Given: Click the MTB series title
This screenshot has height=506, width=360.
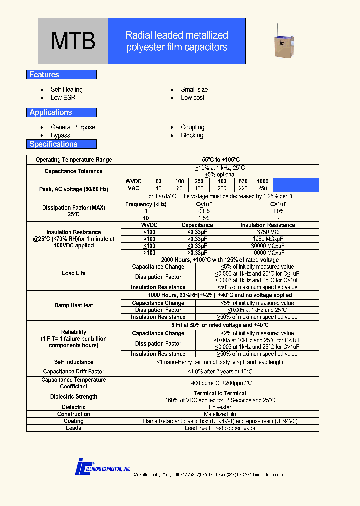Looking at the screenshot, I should (x=73, y=42).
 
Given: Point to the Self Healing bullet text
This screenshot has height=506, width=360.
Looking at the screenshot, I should (x=67, y=90).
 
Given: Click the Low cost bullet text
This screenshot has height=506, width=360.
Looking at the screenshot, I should (x=193, y=98).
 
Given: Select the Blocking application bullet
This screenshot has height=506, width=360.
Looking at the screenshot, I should (x=192, y=136).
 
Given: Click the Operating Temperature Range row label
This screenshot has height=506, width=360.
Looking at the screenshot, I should (x=74, y=160).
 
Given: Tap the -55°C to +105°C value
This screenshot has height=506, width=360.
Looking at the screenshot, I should (x=220, y=160).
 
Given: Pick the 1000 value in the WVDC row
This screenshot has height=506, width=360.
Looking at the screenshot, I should (x=262, y=181).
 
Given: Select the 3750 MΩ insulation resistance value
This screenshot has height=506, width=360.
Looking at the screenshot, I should (x=268, y=232).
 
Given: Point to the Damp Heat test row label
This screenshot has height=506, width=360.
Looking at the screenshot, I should (x=74, y=305).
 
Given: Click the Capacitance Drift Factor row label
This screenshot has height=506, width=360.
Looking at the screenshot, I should (x=74, y=372).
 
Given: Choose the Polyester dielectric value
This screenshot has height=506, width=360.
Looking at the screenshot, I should (x=220, y=407).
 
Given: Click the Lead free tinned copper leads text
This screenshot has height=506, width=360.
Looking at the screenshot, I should (x=220, y=428).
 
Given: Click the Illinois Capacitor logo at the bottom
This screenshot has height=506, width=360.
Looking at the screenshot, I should (x=102, y=466).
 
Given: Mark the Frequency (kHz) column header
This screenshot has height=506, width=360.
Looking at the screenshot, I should (x=146, y=205).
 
